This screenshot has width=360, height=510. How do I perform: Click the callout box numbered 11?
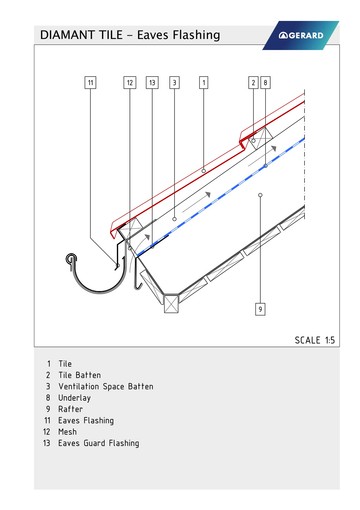(x=90, y=83)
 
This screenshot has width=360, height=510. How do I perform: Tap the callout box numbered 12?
(x=130, y=83)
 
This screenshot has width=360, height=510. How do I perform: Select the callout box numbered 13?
(x=152, y=83)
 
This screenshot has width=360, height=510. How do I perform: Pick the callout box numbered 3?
(x=174, y=83)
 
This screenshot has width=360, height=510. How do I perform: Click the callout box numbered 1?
(x=204, y=83)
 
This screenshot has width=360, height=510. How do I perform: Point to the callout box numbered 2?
(x=253, y=83)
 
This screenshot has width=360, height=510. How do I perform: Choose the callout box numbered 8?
(x=265, y=83)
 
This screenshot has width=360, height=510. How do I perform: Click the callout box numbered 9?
(x=260, y=309)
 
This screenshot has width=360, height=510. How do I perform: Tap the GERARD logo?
(x=301, y=35)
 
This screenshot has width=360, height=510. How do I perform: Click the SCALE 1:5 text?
(x=315, y=340)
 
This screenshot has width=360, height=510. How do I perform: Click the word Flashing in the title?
(x=198, y=35)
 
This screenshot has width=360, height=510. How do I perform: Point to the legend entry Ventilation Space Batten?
(x=106, y=387)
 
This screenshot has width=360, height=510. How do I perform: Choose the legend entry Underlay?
(x=74, y=398)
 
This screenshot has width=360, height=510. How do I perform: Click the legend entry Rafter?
(x=70, y=409)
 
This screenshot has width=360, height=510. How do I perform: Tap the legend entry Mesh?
(x=67, y=432)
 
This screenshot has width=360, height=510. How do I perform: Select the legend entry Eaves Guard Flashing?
(x=99, y=443)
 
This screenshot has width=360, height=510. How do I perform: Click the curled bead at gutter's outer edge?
(x=71, y=258)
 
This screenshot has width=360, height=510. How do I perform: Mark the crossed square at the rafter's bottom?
(x=171, y=303)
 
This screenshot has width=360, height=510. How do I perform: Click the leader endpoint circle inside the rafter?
(x=260, y=195)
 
